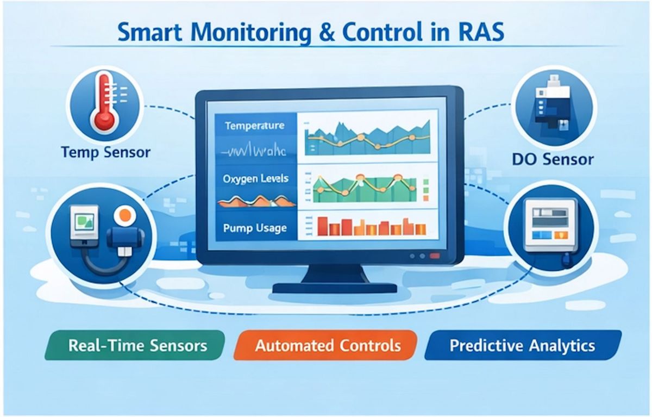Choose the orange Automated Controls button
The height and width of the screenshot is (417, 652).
[328, 346]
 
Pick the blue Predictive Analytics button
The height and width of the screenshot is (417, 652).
[522, 346]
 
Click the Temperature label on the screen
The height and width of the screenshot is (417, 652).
[254, 126]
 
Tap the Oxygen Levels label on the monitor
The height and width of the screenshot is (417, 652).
[255, 178]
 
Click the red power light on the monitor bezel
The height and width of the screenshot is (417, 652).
[434, 256]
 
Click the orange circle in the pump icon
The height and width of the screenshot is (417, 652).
[124, 215]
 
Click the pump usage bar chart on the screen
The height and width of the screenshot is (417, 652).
[361, 226]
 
